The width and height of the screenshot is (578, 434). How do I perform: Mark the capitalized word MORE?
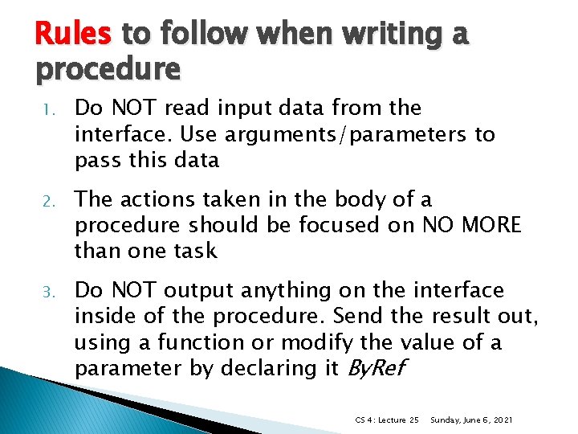[490, 225]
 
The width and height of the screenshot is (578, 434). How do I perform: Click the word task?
[194, 251]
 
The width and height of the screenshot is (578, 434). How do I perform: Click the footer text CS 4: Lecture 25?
[387, 420]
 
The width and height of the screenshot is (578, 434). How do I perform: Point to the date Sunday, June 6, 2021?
[472, 420]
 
